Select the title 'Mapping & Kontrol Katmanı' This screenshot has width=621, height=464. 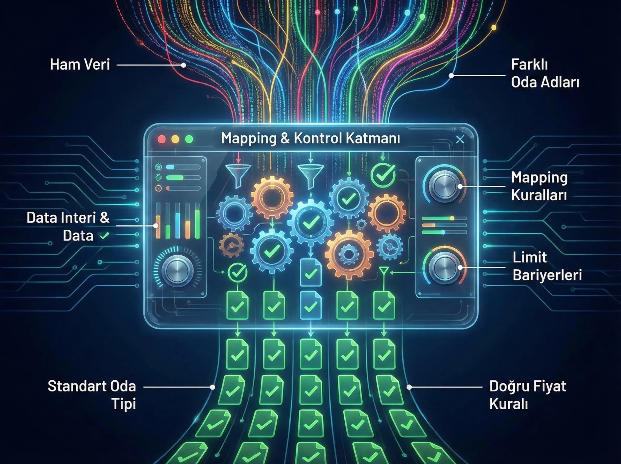[310, 139]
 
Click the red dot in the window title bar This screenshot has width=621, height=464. [162, 139]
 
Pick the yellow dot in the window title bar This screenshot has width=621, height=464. [175, 139]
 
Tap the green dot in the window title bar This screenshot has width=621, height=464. [189, 139]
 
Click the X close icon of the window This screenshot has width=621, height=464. [460, 139]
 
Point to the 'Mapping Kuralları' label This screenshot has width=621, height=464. [539, 186]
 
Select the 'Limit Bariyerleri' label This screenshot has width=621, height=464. [547, 266]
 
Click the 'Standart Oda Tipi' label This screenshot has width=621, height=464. [92, 395]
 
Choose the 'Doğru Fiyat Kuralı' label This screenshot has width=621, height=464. [528, 395]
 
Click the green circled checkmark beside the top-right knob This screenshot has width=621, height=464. [383, 175]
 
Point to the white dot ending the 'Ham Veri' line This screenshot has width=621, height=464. [183, 65]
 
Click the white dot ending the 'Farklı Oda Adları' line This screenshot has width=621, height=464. [451, 76]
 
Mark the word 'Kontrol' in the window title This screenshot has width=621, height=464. [318, 139]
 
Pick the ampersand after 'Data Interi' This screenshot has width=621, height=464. [105, 218]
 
